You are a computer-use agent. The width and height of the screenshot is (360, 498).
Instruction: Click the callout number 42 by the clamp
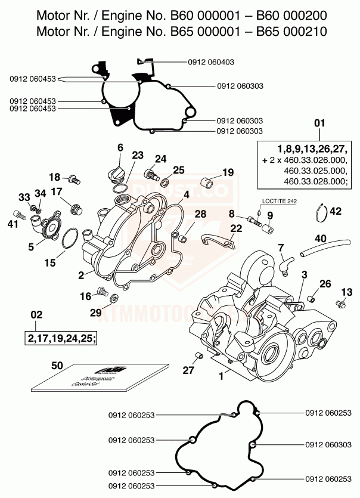pos(336,211)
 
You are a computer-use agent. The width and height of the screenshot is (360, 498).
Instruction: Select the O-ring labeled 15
pos(70,239)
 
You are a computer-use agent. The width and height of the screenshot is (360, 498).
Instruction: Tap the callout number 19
pos(211,172)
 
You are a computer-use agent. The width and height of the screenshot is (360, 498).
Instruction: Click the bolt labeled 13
pos(342,304)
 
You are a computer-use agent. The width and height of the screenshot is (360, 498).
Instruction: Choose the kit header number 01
pos(319,123)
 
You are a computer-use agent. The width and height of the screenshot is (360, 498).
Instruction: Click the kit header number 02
pos(36,314)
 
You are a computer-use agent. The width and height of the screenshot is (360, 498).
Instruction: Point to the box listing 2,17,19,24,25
pos(61,338)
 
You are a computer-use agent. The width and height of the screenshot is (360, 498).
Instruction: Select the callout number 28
pos(200,214)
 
